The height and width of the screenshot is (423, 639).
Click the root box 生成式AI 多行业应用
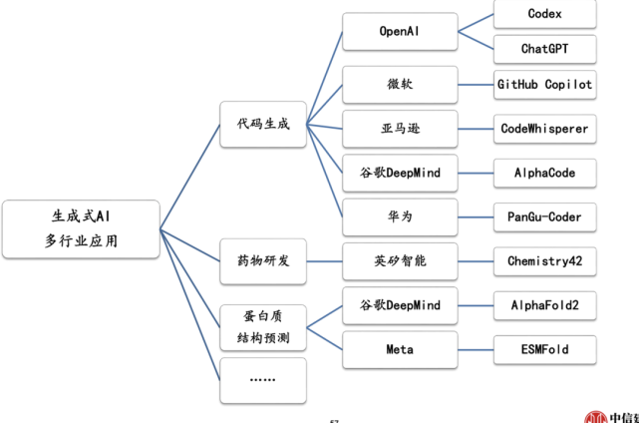pos(80,227)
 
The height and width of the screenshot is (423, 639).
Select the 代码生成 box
pos(263,125)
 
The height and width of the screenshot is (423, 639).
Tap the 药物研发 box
pos(263,260)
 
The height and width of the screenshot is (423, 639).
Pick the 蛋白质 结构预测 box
pos(263,327)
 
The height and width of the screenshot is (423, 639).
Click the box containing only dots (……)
pos(263,380)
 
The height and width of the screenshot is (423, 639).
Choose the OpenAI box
pos(400,31)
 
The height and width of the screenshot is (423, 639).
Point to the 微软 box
pos(400,85)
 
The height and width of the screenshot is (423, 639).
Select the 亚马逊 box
pos(400,129)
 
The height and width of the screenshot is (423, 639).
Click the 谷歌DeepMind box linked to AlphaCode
pos(400,173)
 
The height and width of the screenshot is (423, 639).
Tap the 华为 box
pos(400,216)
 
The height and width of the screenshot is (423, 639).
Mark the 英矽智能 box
pos(400,260)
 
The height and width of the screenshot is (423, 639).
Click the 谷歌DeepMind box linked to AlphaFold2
pos(400,305)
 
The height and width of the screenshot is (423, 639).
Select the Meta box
pos(400,349)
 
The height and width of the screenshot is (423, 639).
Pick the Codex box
pos(545,14)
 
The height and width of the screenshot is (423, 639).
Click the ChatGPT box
pos(545,48)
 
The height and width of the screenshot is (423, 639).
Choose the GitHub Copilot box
pos(545,85)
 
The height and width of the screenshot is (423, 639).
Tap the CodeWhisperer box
pos(545,129)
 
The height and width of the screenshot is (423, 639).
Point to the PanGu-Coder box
pos(545,216)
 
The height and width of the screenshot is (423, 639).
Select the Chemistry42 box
pos(545,260)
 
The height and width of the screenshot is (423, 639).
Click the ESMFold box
pos(545,349)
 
